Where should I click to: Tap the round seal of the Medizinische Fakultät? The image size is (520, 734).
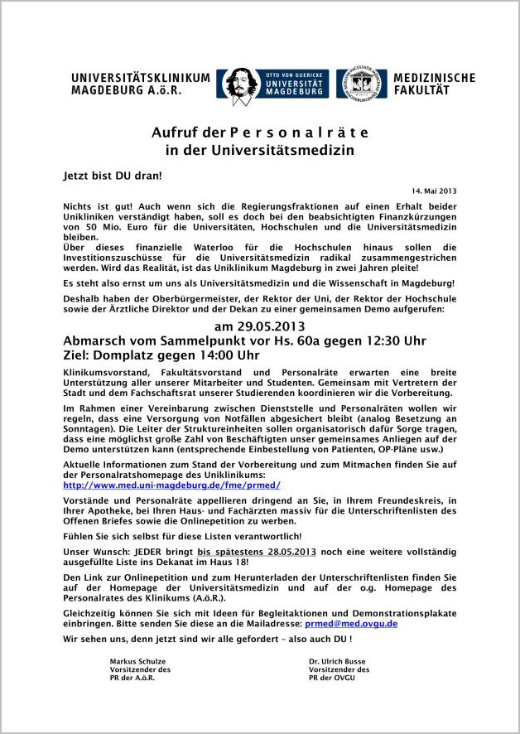pyautogui.click(x=361, y=84)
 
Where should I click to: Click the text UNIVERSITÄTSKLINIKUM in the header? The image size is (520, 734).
pyautogui.click(x=141, y=78)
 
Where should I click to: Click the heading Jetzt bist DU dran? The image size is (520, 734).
pyautogui.click(x=113, y=176)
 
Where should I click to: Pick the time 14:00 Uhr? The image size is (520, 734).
pyautogui.click(x=211, y=355)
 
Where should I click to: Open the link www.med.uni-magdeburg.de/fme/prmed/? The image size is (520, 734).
pyautogui.click(x=172, y=485)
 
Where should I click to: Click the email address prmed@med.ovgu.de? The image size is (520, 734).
pyautogui.click(x=351, y=623)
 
